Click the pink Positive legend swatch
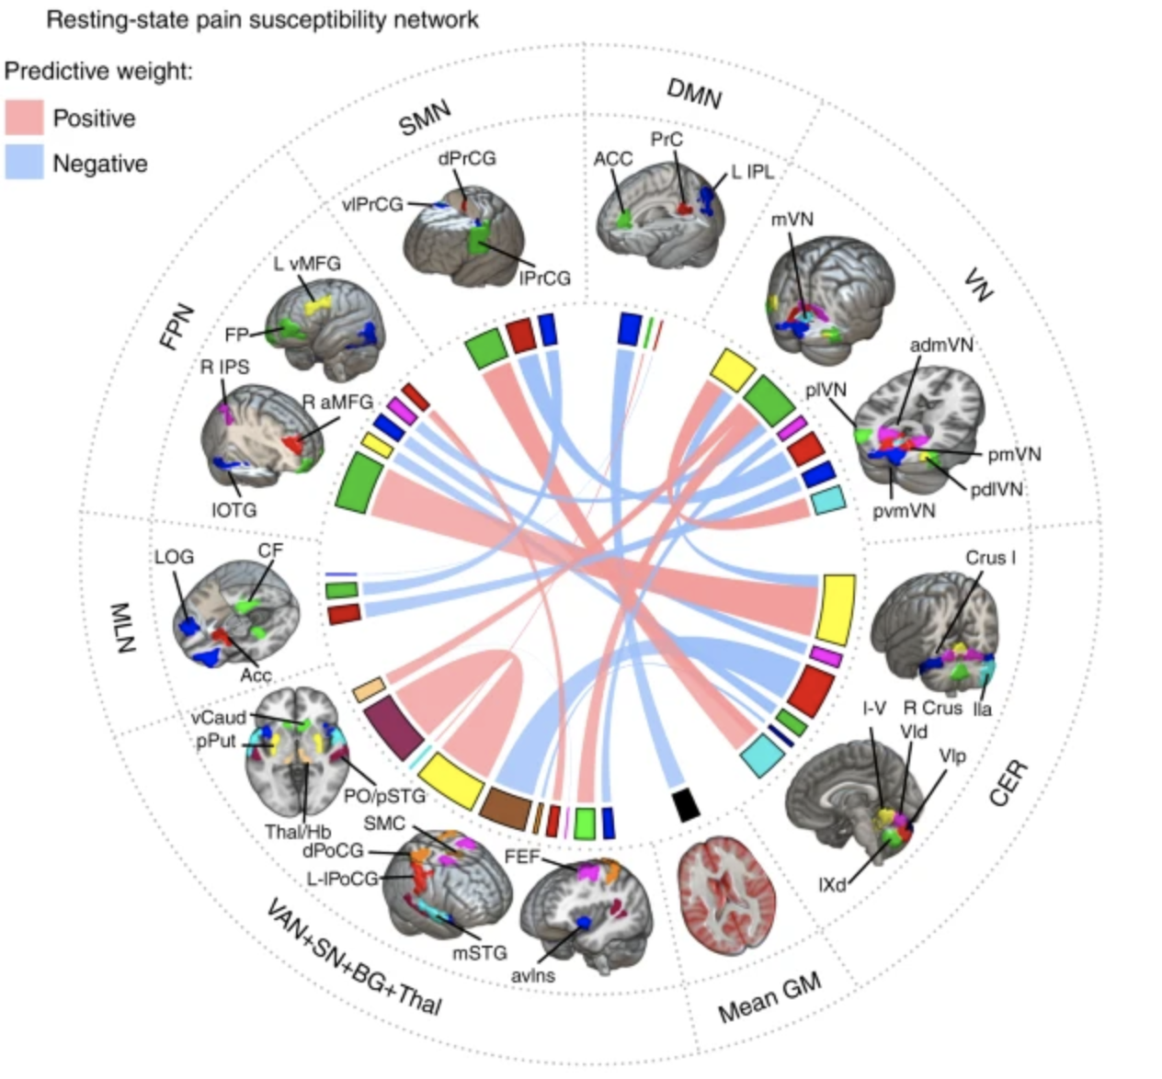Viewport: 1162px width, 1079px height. point(24,118)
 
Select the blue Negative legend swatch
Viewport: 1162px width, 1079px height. point(24,163)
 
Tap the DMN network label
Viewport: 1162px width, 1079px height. point(694,93)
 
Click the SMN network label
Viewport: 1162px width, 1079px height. point(425,118)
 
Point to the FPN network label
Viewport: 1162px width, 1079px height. point(177,326)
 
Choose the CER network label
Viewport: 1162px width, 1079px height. point(1008,783)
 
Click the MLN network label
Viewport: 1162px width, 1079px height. point(123,628)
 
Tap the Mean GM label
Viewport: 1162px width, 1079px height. point(769,998)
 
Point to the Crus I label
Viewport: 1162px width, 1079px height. point(990,558)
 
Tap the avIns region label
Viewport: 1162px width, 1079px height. point(533,975)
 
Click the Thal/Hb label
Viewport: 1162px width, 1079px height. point(298,832)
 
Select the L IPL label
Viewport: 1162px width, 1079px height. point(752,172)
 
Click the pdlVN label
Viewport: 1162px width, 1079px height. point(997,489)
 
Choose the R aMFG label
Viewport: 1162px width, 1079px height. point(337,402)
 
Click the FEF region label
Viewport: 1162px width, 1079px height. point(521,857)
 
